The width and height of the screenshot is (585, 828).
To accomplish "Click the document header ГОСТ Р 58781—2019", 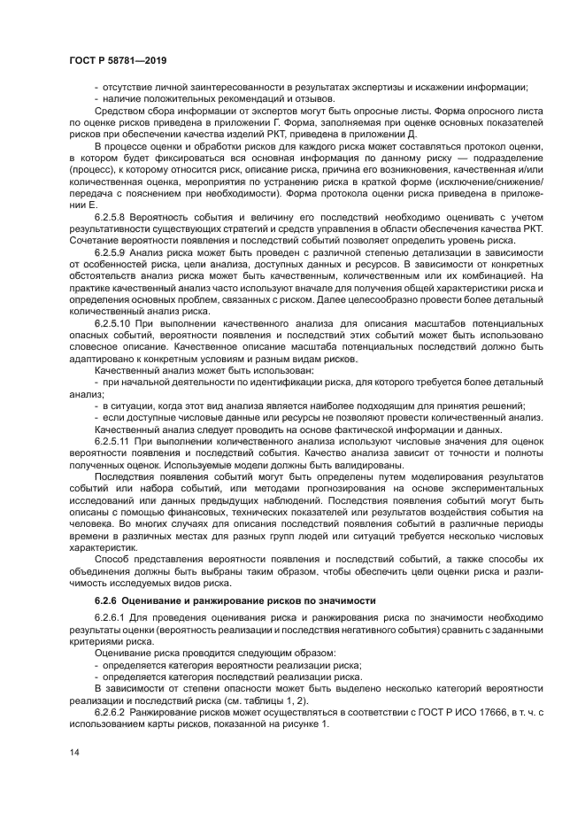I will (x=117, y=60).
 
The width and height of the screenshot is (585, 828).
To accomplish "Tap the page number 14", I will (x=75, y=751).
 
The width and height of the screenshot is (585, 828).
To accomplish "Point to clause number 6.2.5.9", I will (x=112, y=251).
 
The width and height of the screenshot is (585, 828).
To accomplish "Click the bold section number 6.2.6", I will (x=106, y=600).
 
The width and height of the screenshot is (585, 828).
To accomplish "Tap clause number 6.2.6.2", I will (x=112, y=711).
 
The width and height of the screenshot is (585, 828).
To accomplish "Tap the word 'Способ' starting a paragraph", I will (x=112, y=559).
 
